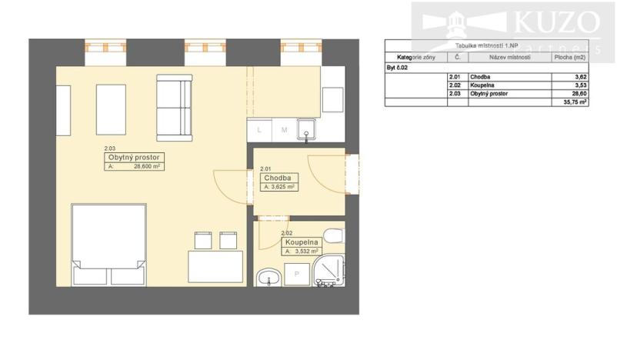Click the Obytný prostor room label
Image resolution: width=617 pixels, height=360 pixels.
(135, 158)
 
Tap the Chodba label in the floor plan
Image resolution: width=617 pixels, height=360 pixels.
(276, 178)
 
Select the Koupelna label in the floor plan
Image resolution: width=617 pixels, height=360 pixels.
(301, 242)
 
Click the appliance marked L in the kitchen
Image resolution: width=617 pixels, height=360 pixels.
(259, 130)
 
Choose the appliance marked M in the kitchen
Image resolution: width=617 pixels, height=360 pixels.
(284, 130)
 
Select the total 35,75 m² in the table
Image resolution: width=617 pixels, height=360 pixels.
(574, 102)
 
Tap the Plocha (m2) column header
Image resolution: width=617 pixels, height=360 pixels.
(569, 58)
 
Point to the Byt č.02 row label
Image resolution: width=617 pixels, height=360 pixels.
(399, 68)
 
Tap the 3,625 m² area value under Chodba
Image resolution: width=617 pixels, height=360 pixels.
(282, 187)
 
